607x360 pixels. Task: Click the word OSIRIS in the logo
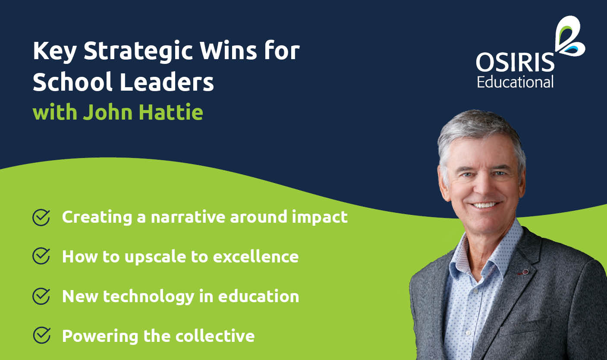[x=515, y=63]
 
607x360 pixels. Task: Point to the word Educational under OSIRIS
[x=515, y=82]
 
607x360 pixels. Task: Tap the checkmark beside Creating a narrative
[x=41, y=217]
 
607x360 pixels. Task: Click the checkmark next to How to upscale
[x=41, y=256]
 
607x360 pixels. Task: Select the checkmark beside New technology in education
[x=41, y=296]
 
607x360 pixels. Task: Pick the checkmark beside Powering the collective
[x=41, y=335]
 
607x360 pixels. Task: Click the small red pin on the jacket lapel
[x=525, y=272]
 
